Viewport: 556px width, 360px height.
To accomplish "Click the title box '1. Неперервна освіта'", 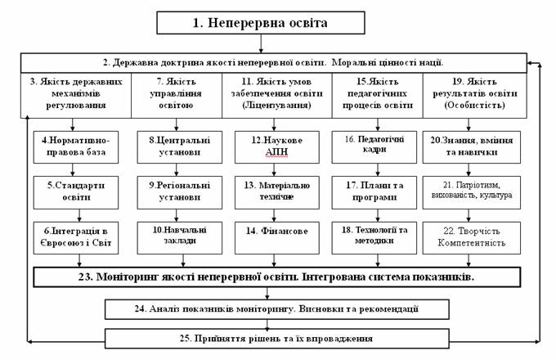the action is (261, 23).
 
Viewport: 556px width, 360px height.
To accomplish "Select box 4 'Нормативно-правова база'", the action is (76, 147).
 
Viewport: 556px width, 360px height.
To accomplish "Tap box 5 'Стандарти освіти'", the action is (76, 192).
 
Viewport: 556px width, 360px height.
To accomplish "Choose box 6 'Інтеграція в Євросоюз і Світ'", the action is (76, 238).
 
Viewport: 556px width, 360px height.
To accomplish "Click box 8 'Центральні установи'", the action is (180, 147).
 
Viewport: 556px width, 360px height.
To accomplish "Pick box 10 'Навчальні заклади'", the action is (180, 238).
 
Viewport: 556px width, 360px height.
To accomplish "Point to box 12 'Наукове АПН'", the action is (277, 147).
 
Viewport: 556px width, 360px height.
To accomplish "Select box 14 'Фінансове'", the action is (277, 238).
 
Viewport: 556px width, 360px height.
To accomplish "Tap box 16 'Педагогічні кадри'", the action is (374, 147).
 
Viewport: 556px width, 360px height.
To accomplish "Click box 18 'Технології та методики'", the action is (374, 238).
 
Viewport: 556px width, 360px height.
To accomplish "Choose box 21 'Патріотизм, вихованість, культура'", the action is (472, 192).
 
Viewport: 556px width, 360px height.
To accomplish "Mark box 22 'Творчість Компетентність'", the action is (472, 238).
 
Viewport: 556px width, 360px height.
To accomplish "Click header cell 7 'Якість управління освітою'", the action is (177, 96).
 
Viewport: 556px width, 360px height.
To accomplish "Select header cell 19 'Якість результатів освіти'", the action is (475, 96).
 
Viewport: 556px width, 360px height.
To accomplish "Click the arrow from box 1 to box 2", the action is (261, 43).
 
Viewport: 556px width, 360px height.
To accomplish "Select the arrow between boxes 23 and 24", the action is (267, 294).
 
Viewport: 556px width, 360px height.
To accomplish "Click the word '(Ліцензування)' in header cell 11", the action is (277, 106).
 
